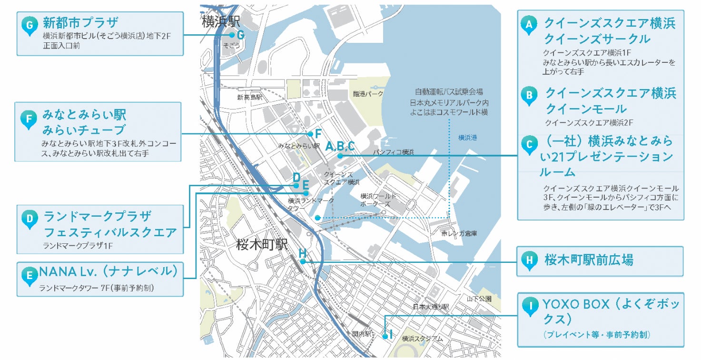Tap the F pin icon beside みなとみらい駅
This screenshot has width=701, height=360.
[x=29, y=120]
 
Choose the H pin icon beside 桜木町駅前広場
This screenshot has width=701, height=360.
[x=529, y=260]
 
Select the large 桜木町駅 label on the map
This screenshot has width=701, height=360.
[x=262, y=245]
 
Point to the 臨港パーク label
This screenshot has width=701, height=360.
[x=368, y=94]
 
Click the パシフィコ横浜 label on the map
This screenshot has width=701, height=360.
[x=394, y=152]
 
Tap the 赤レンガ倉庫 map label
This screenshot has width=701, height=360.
[x=459, y=233]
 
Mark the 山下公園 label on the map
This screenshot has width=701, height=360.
[x=479, y=299]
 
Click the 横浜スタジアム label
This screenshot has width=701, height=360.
[x=422, y=339]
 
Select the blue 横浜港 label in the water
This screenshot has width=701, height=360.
[x=467, y=138]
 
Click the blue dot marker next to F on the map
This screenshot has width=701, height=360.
[x=310, y=134]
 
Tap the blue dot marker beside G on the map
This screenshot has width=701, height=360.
[x=232, y=35]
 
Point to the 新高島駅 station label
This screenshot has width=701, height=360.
[x=249, y=97]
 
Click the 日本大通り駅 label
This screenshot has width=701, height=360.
[x=431, y=307]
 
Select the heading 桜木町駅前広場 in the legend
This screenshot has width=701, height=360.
[x=589, y=260]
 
